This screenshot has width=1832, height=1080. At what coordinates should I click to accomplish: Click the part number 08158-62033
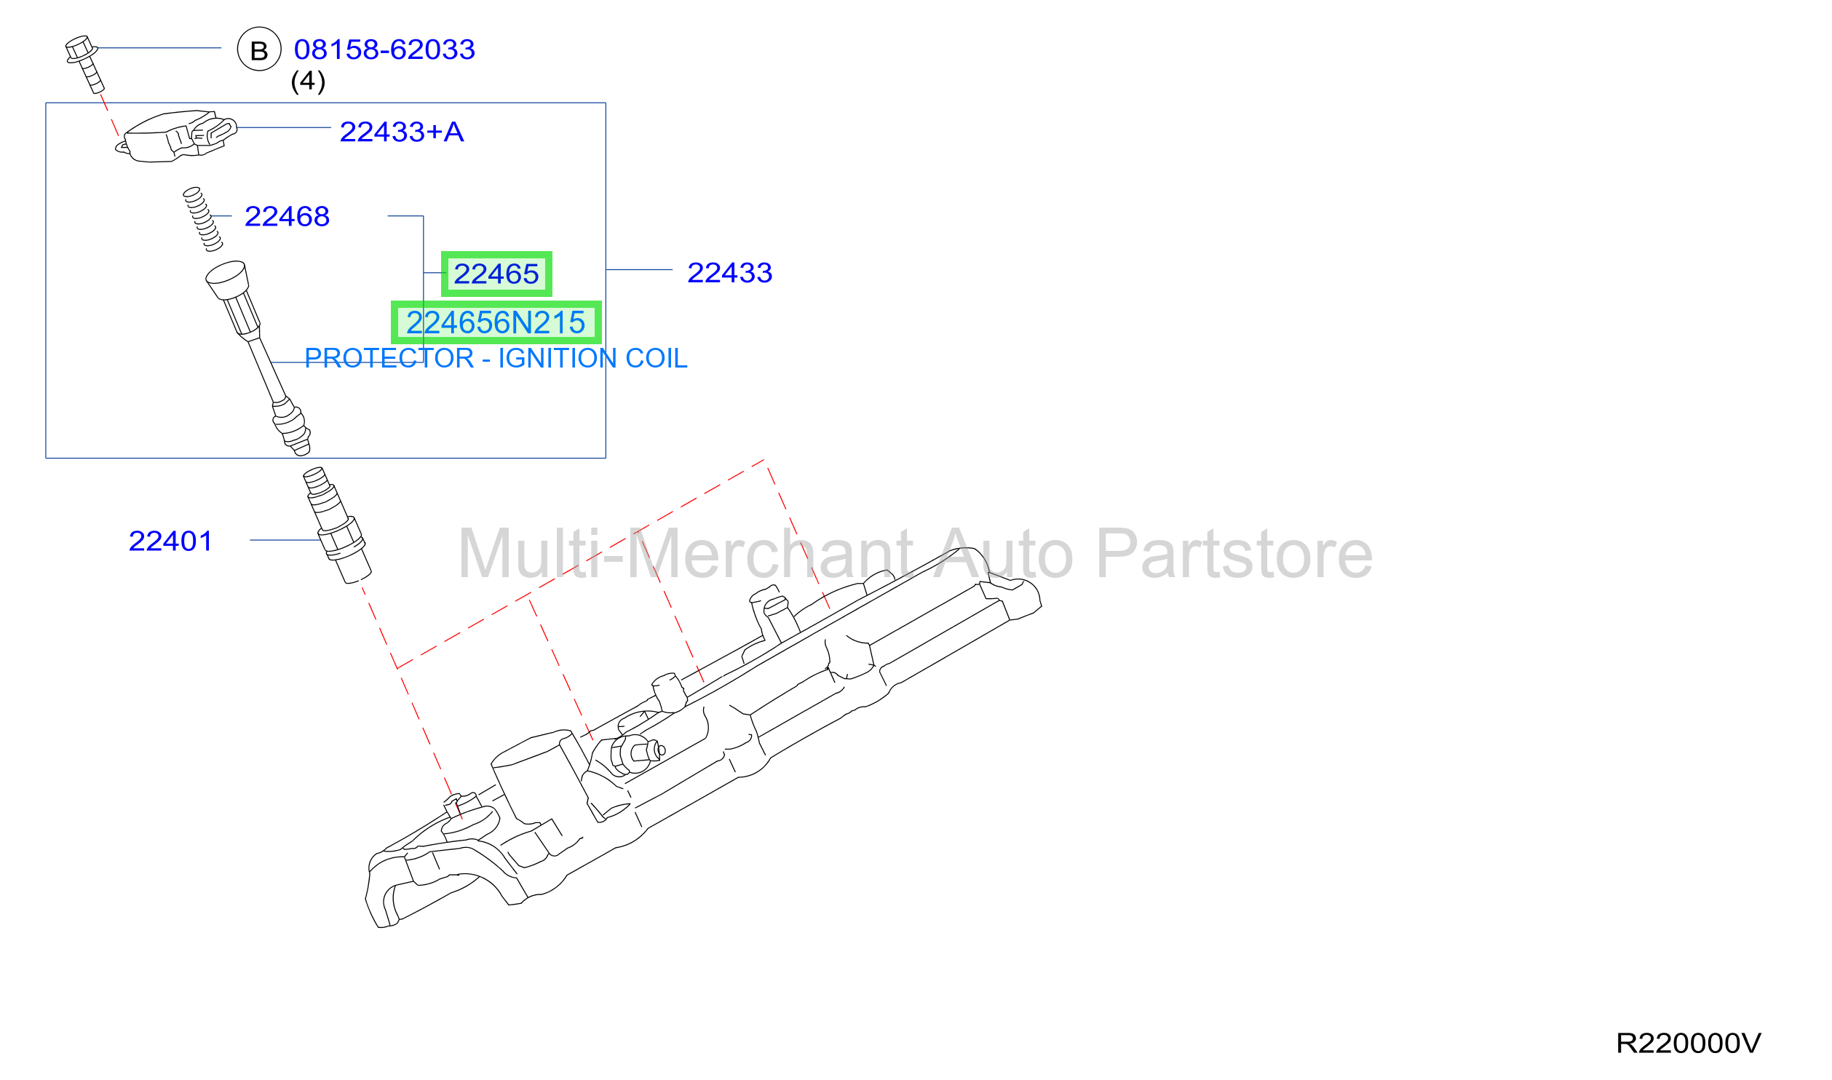tap(384, 49)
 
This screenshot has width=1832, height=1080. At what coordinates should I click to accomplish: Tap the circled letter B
tap(259, 49)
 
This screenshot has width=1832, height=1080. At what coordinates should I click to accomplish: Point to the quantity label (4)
tap(308, 81)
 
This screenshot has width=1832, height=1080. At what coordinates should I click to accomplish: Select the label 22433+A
tap(402, 132)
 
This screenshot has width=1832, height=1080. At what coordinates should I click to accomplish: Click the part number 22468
tap(288, 216)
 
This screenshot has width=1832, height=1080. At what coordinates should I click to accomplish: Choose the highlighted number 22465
tap(496, 274)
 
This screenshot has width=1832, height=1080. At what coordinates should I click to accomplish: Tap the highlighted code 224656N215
tap(496, 322)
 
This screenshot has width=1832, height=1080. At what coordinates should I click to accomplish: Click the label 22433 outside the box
tap(730, 273)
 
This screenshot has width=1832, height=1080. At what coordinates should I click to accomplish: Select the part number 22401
tap(171, 541)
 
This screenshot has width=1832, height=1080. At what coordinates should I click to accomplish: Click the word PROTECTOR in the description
tap(389, 358)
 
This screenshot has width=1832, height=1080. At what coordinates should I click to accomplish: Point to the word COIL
tap(657, 358)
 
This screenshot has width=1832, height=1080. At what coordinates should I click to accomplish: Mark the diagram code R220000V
tap(1689, 1043)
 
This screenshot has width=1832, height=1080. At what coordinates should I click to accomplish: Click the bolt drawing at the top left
tap(85, 64)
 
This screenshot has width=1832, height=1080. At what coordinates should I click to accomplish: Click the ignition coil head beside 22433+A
tap(176, 136)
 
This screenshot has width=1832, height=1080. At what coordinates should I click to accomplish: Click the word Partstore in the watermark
tap(1234, 555)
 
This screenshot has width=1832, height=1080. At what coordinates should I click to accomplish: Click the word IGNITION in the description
tap(558, 358)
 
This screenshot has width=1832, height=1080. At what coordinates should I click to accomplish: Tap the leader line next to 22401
tap(285, 540)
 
